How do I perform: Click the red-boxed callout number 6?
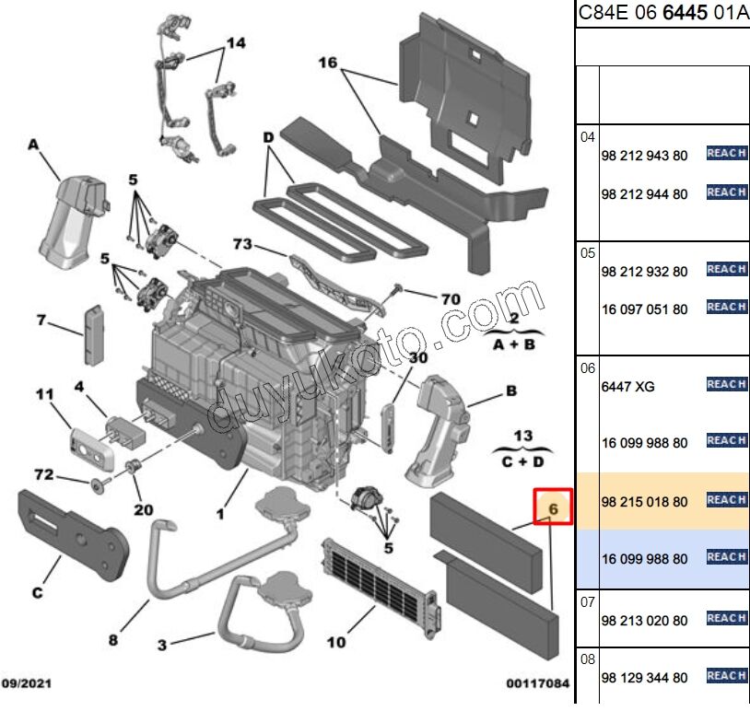coord(554,507)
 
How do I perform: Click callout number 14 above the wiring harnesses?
coord(236,43)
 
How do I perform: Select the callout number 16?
coord(329,63)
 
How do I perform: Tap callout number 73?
coord(242,244)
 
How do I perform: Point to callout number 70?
coord(450,298)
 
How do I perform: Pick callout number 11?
coord(46,394)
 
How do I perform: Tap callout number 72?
coord(43,475)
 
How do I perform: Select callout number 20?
coord(143,510)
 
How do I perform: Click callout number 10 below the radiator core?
coord(337,641)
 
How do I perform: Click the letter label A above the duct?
coord(33,145)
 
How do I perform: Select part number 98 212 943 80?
coord(644,156)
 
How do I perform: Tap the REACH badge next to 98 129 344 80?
coord(726,676)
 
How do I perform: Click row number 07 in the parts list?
coord(588,603)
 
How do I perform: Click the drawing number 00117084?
coord(537,682)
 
